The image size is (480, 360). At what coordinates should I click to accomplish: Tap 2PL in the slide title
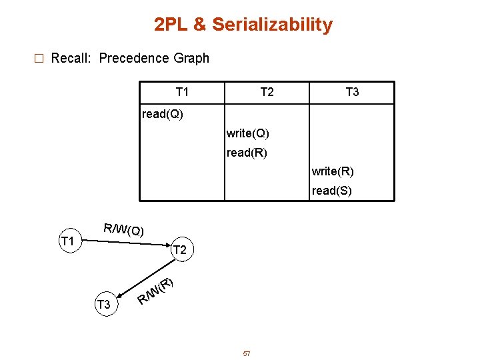coord(170,25)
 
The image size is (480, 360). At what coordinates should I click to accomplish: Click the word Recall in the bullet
coord(71,58)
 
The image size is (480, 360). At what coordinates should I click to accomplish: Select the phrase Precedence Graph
coord(154,58)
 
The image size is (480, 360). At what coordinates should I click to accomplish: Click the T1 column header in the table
coord(182,92)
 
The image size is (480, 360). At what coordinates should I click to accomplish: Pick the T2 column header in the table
coord(267,92)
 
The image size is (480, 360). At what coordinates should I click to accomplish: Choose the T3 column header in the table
coord(352,92)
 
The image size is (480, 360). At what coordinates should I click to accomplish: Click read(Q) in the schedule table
coord(163,114)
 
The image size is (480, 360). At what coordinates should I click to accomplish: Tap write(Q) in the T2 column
coord(248,133)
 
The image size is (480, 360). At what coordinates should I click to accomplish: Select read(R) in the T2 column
coord(247,153)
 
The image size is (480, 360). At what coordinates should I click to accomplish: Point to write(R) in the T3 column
coord(333,171)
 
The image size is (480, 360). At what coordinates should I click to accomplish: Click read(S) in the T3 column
coord(332,191)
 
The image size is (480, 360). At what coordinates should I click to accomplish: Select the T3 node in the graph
coord(103,305)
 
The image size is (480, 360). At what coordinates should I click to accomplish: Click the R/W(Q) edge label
coord(124,230)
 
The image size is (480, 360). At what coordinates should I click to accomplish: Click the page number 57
coord(246,353)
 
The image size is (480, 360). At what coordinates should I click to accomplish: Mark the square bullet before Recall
coord(38,59)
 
